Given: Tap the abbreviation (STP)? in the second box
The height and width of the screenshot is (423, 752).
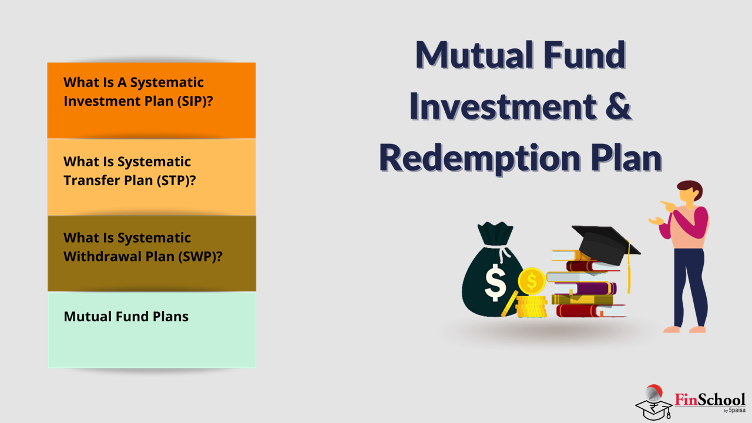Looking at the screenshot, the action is pos(177,180).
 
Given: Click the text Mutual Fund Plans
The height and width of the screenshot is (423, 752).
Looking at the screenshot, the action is pos(126,317).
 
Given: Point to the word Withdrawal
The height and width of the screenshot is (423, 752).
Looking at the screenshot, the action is pos(102,257).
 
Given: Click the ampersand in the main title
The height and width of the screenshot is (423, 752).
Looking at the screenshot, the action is pos(619,106).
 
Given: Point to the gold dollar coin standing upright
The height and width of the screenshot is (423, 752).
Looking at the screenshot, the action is pos(531,281).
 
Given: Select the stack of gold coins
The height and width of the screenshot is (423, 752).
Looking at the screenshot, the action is pos(531,306).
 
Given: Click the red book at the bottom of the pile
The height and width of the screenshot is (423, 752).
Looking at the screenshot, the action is pos(590,311).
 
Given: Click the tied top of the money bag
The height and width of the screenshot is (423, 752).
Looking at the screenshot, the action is pos(495,234).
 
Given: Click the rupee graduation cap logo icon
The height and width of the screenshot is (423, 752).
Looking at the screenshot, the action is pos(653,403).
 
